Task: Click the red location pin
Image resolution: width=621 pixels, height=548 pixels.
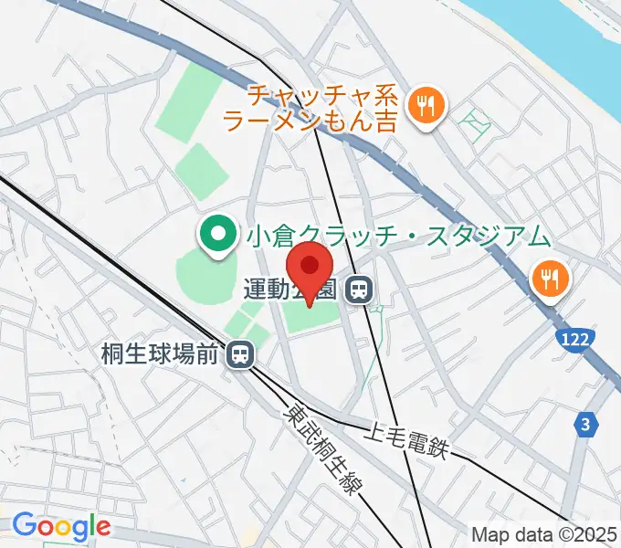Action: (x=310, y=267)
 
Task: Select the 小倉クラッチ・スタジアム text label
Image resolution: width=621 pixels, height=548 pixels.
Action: (x=399, y=237)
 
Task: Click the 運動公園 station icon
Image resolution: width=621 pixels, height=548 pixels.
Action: (x=359, y=291)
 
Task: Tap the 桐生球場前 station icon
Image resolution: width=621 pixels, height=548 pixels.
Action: (x=240, y=353)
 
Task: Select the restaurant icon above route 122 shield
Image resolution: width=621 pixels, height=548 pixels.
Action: (x=551, y=278)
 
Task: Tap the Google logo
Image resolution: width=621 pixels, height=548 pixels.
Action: (x=61, y=526)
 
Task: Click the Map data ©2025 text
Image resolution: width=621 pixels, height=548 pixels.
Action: (x=544, y=534)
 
